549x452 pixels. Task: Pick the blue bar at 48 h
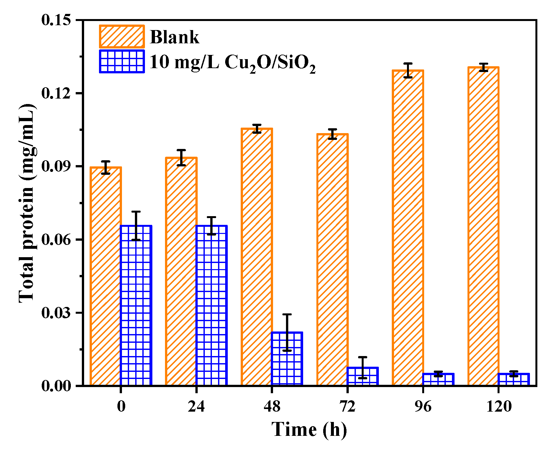pyautogui.click(x=287, y=359)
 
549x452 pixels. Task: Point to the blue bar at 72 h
pyautogui.click(x=363, y=376)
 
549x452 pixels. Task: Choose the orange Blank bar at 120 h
pyautogui.click(x=483, y=226)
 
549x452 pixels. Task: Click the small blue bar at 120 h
pyautogui.click(x=514, y=380)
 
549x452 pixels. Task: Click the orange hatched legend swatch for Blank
pyautogui.click(x=122, y=37)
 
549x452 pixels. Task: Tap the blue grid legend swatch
pyautogui.click(x=122, y=61)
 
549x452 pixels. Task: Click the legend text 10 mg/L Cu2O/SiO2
pyautogui.click(x=232, y=62)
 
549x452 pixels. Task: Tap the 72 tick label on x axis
pyautogui.click(x=347, y=406)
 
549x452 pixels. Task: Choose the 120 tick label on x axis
pyautogui.click(x=499, y=406)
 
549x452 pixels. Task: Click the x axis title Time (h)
pyautogui.click(x=309, y=430)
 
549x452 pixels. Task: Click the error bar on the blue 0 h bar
pyautogui.click(x=136, y=226)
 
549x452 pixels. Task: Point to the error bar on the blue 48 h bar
pyautogui.click(x=287, y=332)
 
